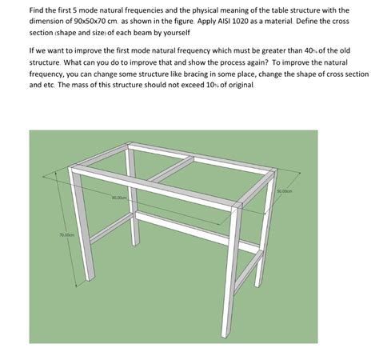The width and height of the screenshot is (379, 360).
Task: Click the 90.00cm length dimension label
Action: point(121,196)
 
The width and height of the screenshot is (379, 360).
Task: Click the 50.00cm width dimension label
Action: point(285,191)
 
